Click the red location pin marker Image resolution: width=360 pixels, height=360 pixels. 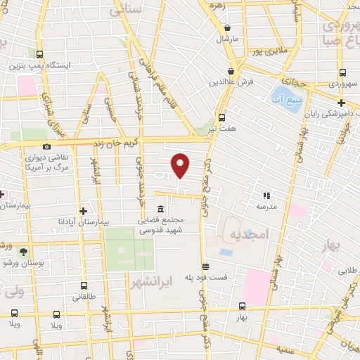[x=181, y=165]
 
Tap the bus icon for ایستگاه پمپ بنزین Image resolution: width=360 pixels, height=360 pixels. [x=39, y=54]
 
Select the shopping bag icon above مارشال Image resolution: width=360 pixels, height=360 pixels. [x=227, y=28]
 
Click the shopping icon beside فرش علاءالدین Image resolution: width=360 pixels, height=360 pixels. [x=231, y=71]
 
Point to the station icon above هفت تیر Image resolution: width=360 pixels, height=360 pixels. [x=222, y=117]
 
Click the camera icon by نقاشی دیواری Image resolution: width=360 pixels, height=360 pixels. [x=46, y=146]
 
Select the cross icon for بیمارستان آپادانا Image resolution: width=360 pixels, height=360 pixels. [x=84, y=210]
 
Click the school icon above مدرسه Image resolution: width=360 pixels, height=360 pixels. [x=266, y=195]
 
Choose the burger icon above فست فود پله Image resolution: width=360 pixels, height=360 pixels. [x=205, y=266]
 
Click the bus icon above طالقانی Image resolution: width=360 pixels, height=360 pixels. [x=84, y=286]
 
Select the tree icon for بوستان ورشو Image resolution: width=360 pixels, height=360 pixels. [x=24, y=251]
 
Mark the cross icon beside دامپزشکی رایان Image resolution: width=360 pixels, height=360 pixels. [x=341, y=103]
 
